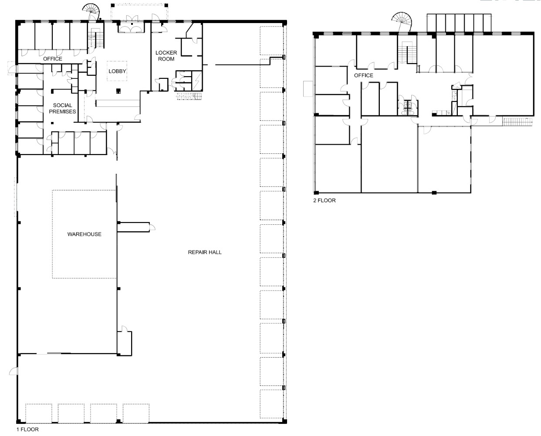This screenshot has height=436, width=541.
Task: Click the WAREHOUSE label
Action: [84, 234]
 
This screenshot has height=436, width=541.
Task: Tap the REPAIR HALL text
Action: [205, 252]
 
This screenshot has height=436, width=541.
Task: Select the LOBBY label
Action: [117, 71]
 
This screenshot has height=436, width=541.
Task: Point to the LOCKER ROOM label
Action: [166, 56]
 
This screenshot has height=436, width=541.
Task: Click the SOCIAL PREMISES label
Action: [62, 108]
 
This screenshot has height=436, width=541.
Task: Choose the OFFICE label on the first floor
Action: [53, 59]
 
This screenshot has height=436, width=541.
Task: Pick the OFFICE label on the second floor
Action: [364, 75]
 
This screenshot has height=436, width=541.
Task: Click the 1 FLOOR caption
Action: [27, 429]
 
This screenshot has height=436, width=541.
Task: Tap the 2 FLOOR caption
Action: [325, 200]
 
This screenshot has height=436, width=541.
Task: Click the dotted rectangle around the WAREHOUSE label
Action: [53, 234]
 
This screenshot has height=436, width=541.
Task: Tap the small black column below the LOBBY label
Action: [118, 91]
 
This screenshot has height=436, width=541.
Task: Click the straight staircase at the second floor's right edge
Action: [517, 122]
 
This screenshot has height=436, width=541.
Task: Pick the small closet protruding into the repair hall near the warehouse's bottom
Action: [124, 343]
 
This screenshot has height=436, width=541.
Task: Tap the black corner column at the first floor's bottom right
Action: [284, 421]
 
